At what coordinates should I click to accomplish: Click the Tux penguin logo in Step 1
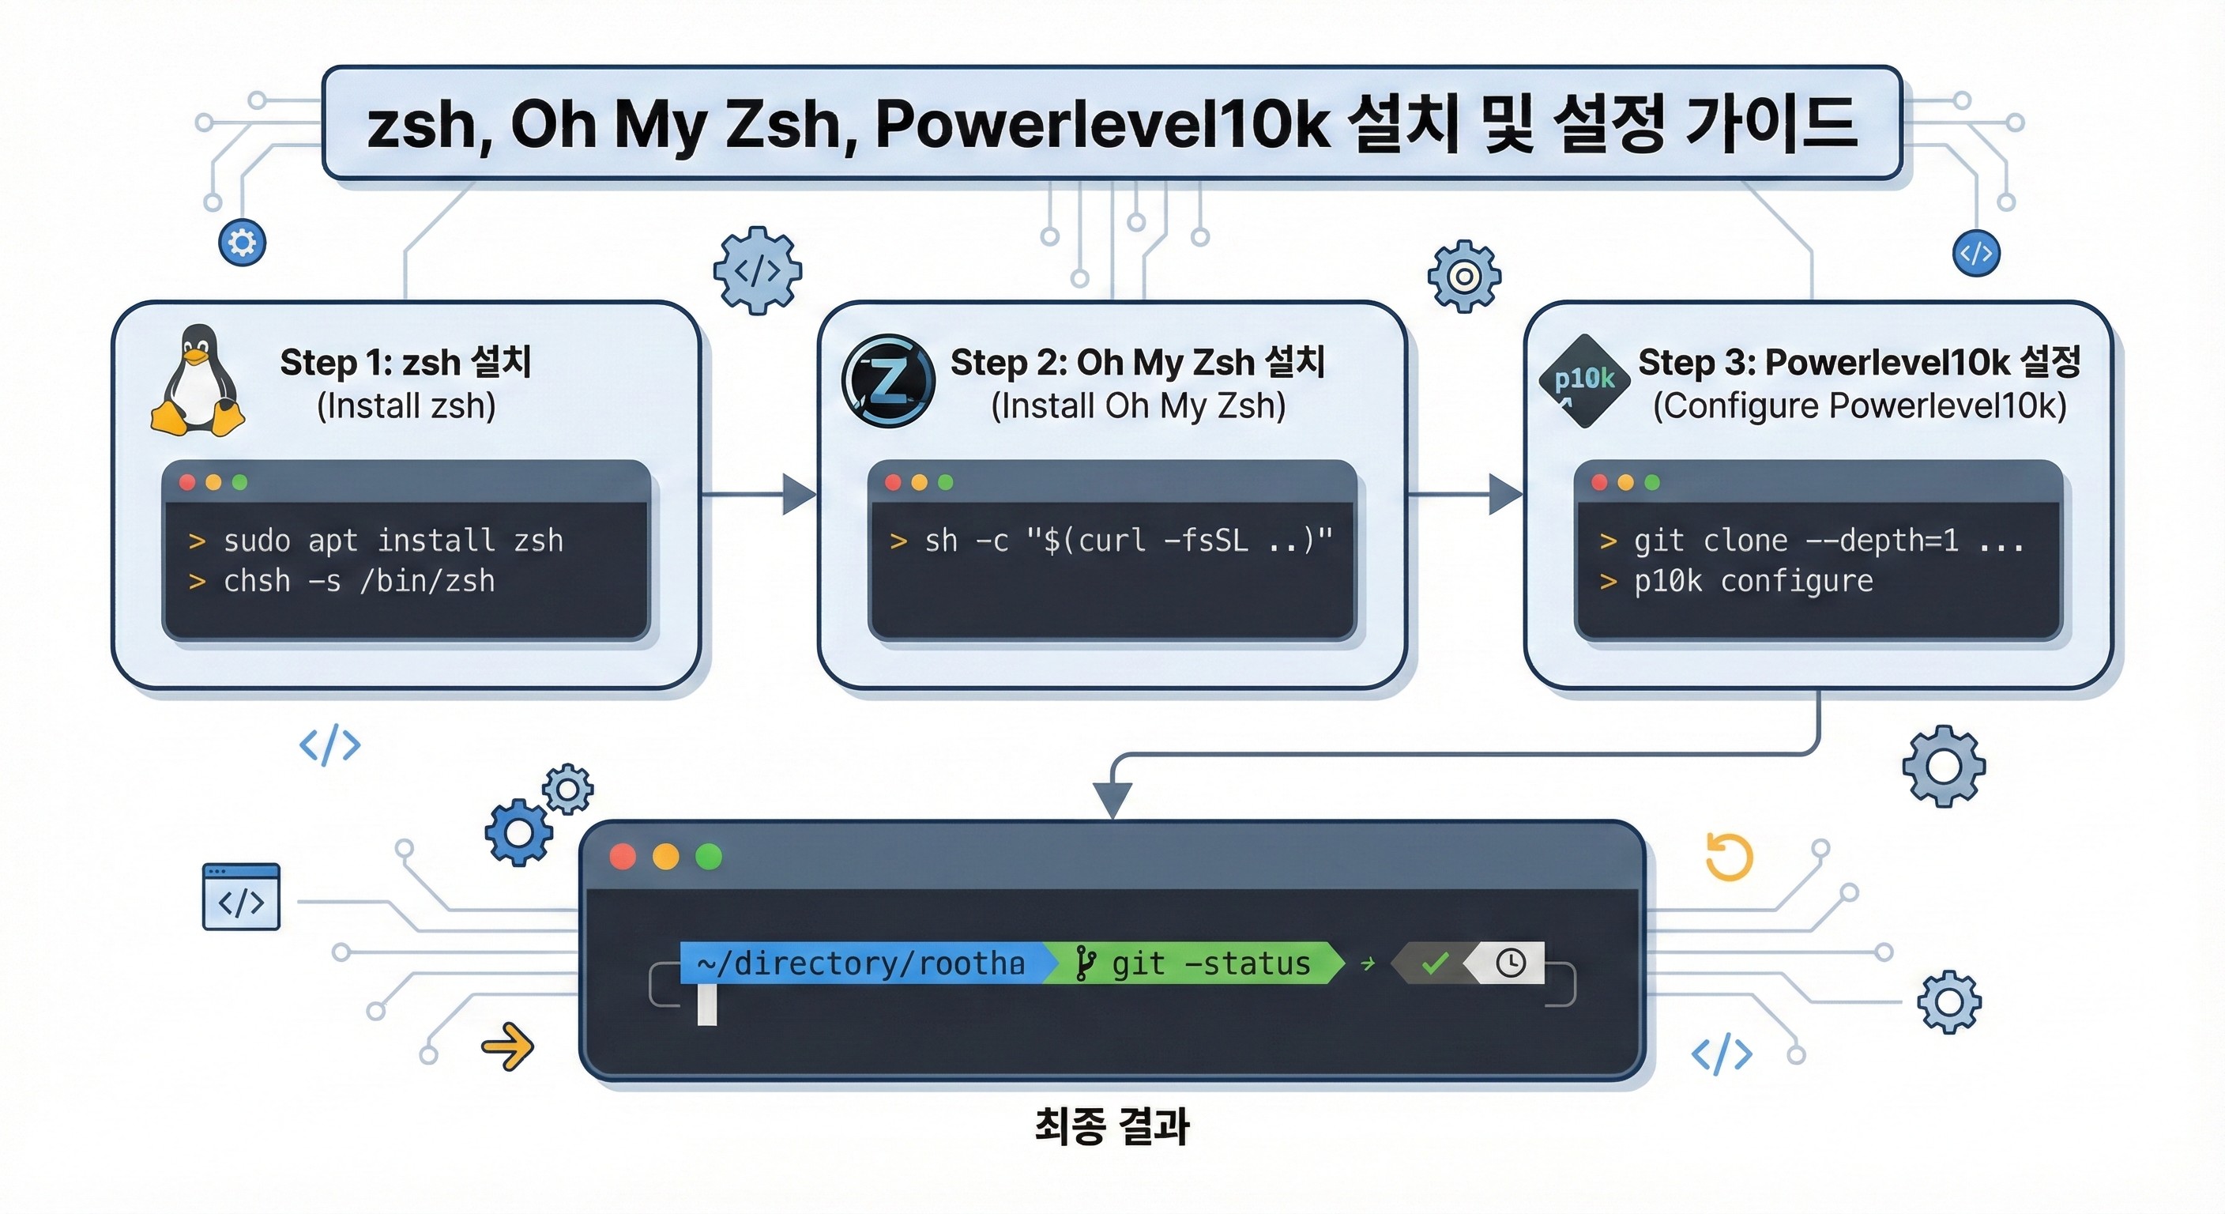pos(198,381)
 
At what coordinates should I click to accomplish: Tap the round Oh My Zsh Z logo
pos(888,381)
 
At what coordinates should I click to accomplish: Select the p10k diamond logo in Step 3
pos(1584,380)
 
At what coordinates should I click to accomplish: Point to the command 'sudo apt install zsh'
pos(393,541)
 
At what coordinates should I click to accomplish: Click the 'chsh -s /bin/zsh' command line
pos(359,582)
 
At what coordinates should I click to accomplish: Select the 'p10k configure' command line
pos(1753,582)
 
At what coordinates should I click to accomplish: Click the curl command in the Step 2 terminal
pos(1128,541)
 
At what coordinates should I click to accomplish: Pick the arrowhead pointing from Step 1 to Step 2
pos(798,494)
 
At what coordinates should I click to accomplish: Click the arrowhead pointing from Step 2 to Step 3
pos(1504,494)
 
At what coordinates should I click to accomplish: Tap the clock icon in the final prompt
pos(1511,963)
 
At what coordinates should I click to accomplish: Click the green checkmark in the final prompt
pos(1435,963)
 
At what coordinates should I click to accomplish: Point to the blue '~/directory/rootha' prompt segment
pos(861,963)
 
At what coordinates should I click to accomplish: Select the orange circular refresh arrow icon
pos(1728,857)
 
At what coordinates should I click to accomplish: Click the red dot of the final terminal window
pos(623,856)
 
